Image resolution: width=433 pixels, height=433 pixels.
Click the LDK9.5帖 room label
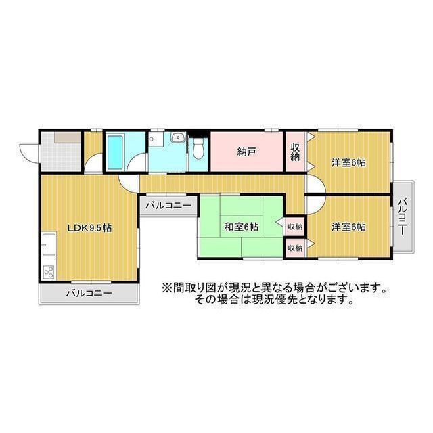tap(89, 228)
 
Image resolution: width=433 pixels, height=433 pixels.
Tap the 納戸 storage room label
tap(246, 152)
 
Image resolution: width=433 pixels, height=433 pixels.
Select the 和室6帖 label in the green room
tap(241, 227)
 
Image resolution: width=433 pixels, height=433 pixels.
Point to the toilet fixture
tap(198, 149)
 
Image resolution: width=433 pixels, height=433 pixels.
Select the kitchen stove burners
tap(49, 272)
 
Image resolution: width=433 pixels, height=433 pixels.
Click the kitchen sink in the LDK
tap(49, 245)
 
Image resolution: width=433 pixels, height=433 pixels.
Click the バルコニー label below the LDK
tap(89, 294)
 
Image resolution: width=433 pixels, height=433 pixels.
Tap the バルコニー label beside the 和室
tap(168, 204)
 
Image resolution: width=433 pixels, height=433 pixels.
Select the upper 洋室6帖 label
tap(348, 162)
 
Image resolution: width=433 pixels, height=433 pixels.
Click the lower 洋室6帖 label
tap(348, 227)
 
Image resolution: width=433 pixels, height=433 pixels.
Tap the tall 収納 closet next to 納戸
tap(296, 152)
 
